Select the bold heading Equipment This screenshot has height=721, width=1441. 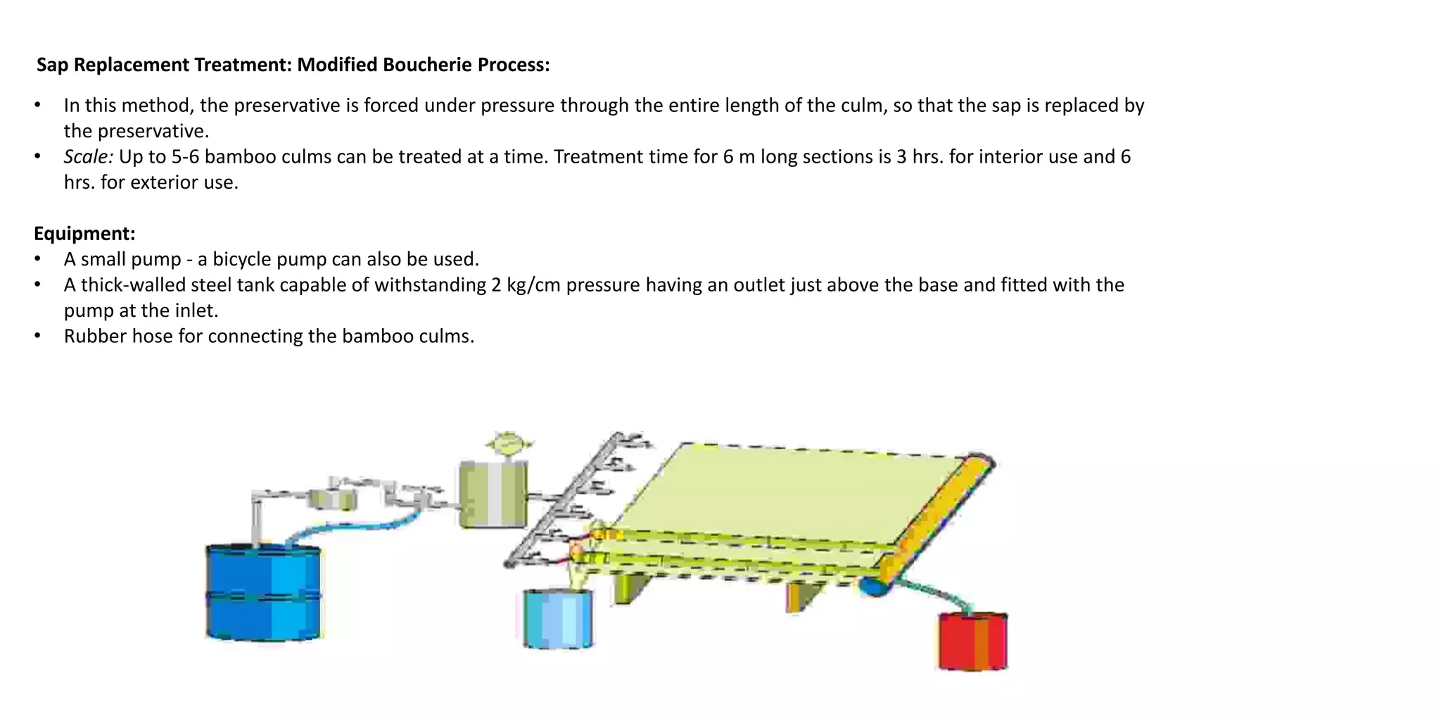(84, 234)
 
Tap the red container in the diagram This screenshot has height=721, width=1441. (973, 641)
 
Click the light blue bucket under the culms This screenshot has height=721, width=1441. (558, 618)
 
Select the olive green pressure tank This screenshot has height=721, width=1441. (493, 494)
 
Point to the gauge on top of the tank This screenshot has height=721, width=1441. (509, 446)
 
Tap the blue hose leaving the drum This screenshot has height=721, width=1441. (352, 526)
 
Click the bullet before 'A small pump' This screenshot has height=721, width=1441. (37, 260)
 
